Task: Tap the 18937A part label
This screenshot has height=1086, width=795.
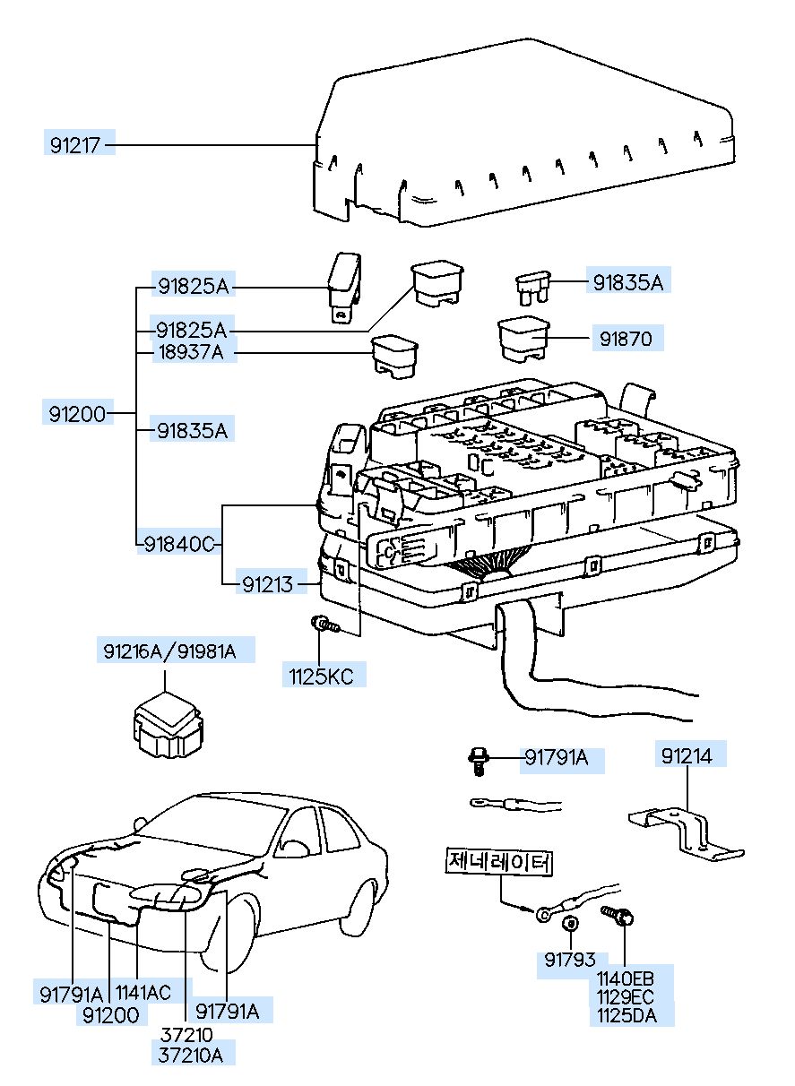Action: pyautogui.click(x=191, y=352)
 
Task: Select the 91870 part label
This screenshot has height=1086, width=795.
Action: pyautogui.click(x=626, y=339)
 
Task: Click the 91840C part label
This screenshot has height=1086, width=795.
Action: pyautogui.click(x=179, y=545)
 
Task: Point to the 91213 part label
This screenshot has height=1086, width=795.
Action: pyautogui.click(x=267, y=584)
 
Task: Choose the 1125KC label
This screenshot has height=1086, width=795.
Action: pyautogui.click(x=321, y=677)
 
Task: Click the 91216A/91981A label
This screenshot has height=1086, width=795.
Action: pyautogui.click(x=169, y=651)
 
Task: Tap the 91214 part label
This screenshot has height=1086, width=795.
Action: pyautogui.click(x=687, y=756)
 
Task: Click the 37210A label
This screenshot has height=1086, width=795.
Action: pyautogui.click(x=191, y=1065)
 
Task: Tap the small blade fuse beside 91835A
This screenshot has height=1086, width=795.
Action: pyautogui.click(x=532, y=289)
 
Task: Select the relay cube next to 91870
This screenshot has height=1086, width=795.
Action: pyautogui.click(x=523, y=340)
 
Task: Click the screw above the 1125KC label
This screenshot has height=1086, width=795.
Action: pyautogui.click(x=325, y=624)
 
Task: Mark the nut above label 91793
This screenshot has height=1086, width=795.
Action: pyautogui.click(x=570, y=923)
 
